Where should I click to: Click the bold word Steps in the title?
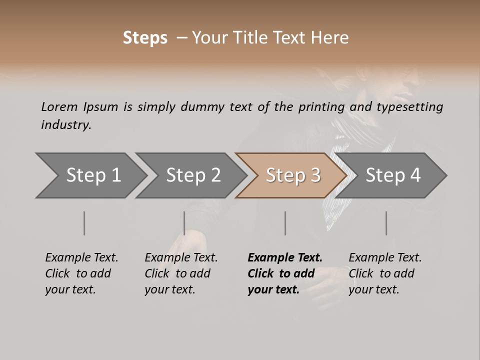coord(145,38)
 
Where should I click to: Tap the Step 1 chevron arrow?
coord(90,175)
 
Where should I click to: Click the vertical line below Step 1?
coord(84,223)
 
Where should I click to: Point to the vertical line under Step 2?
coord(184,223)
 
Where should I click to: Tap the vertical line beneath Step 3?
coord(285,223)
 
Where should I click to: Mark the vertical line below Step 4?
coord(386,223)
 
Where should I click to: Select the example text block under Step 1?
coord(81,273)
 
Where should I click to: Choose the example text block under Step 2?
coord(181,273)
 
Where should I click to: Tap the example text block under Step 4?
coord(385,273)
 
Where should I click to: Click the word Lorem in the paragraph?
coord(59,107)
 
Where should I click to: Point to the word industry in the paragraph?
coord(66,125)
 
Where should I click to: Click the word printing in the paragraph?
coord(321,107)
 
